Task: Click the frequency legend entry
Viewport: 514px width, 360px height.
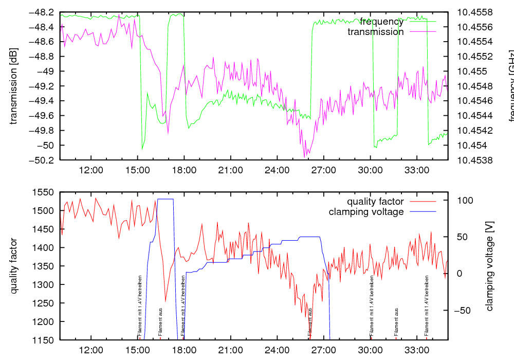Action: (x=381, y=22)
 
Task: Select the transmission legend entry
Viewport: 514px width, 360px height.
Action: (x=376, y=32)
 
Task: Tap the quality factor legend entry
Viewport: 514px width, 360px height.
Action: (x=375, y=202)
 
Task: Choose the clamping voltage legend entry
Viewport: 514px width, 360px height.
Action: (x=366, y=212)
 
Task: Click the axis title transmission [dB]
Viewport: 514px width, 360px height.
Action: (x=14, y=86)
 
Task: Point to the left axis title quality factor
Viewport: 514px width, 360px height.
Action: (x=14, y=266)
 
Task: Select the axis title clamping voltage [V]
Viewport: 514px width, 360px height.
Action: (x=489, y=266)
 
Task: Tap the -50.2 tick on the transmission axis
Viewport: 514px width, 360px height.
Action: (x=43, y=160)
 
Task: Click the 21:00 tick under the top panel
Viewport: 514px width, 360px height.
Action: (x=230, y=170)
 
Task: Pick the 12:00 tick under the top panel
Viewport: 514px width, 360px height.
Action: (x=90, y=170)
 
